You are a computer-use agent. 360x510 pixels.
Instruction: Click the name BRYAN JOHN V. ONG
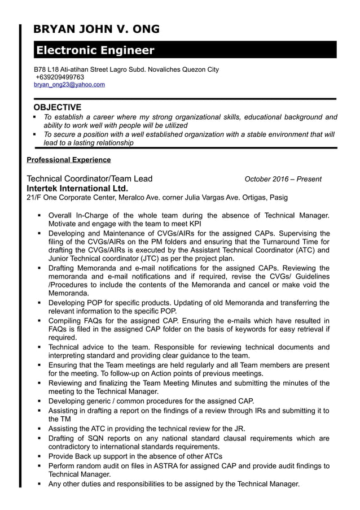(x=96, y=29)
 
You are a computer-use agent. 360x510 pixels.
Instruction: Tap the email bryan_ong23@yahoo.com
(x=69, y=84)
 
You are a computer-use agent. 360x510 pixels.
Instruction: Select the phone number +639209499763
(x=60, y=77)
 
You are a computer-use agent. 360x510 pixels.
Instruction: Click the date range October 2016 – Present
(x=283, y=179)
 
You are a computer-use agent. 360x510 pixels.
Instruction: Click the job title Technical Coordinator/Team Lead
(x=90, y=179)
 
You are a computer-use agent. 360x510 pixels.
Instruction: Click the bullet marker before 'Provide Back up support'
(x=40, y=456)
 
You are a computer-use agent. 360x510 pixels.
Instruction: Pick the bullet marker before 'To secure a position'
(x=36, y=134)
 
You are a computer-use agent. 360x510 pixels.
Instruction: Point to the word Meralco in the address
(x=133, y=198)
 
